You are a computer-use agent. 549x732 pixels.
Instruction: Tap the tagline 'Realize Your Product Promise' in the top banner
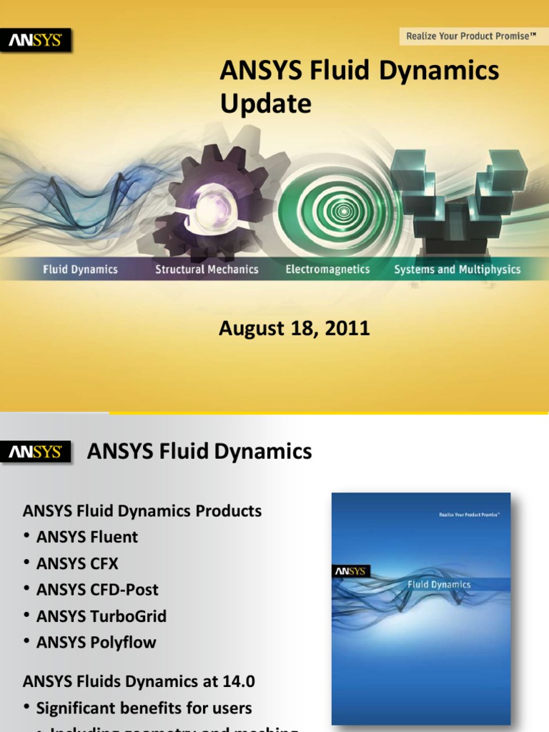tap(470, 36)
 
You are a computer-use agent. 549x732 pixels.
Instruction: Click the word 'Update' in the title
tap(265, 104)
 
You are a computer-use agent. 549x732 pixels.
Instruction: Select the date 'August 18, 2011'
tap(294, 329)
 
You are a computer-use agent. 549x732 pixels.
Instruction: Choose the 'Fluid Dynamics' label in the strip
tap(80, 269)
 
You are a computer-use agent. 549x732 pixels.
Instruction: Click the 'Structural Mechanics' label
tap(207, 269)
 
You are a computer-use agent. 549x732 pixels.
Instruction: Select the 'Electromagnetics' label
tap(327, 269)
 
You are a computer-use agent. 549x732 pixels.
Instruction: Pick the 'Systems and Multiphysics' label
tap(457, 269)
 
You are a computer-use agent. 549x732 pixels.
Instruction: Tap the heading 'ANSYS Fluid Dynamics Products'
tap(142, 511)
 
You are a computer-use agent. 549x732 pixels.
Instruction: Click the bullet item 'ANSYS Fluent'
tap(87, 537)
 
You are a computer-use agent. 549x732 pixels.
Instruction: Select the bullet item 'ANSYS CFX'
tap(77, 563)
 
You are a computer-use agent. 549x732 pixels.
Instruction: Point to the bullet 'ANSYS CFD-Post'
tap(97, 590)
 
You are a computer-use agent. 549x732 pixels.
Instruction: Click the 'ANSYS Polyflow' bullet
tap(96, 643)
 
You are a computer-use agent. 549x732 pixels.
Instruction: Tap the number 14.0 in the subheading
tap(239, 681)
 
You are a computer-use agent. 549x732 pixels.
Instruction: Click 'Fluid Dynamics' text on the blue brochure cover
tap(439, 584)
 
